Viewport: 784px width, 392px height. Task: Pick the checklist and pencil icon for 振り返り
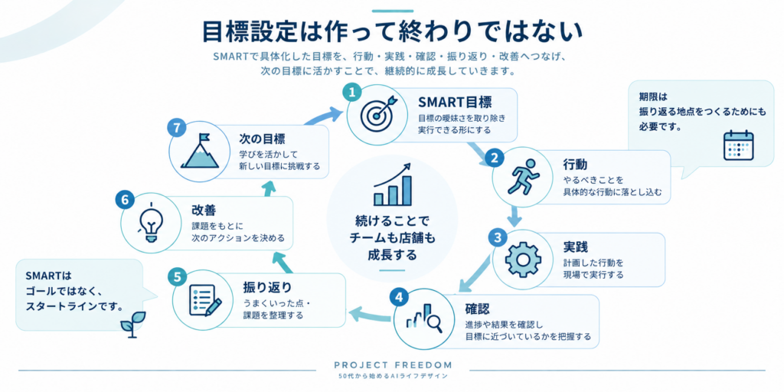click(206, 300)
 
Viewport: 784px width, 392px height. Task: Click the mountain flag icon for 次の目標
click(199, 150)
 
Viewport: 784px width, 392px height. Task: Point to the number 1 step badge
click(352, 92)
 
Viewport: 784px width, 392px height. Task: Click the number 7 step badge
click(177, 128)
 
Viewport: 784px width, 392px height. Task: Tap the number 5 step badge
click(177, 276)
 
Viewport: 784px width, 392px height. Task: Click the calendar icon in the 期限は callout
click(739, 145)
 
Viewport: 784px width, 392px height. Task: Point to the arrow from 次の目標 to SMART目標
click(322, 117)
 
